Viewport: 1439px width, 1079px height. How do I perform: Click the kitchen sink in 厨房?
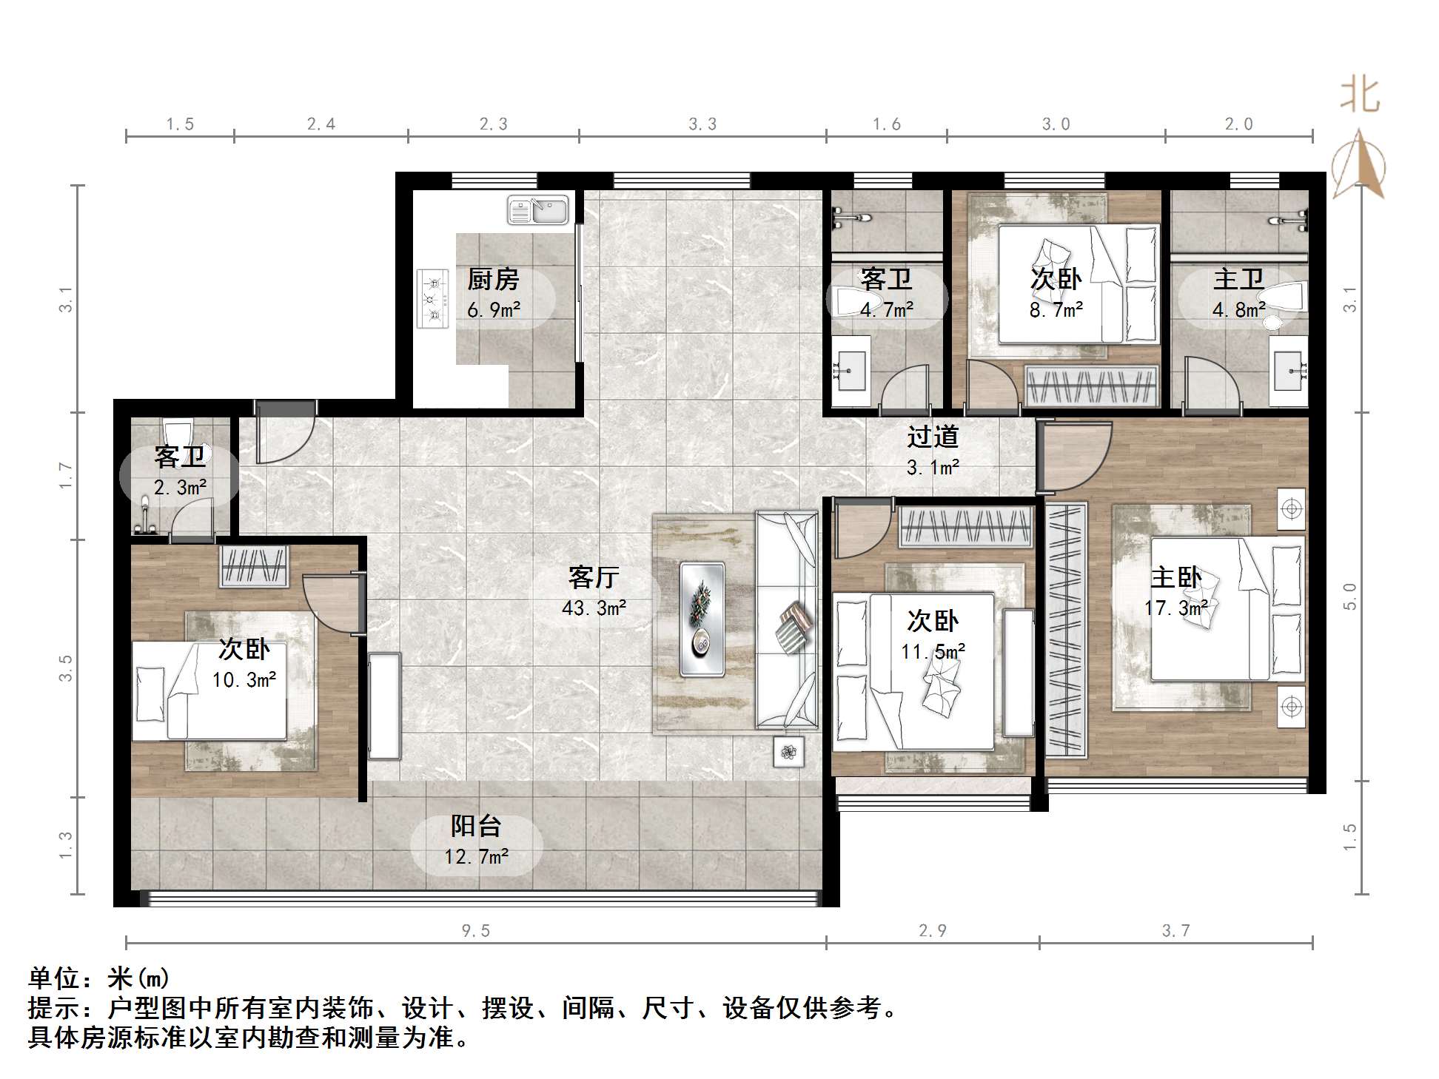pos(538,210)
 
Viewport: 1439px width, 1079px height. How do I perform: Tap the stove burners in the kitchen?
pos(433,298)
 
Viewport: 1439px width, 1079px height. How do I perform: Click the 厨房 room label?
pos(493,280)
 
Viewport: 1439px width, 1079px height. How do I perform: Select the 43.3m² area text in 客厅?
pos(594,608)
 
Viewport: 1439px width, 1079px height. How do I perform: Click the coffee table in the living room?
pos(702,619)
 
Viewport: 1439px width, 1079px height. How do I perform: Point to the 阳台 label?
pos(477,826)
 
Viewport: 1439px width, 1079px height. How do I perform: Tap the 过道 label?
pos(933,437)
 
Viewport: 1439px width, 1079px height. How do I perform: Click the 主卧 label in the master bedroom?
pos(1175,577)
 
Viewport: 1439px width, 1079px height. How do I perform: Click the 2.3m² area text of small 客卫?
pos(180,487)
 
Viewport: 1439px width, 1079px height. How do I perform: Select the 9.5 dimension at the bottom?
pos(476,931)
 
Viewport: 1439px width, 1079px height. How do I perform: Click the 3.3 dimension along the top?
pos(702,124)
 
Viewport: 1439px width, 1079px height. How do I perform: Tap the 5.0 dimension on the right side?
pos(1350,596)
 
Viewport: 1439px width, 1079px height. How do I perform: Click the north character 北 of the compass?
pos(1360,96)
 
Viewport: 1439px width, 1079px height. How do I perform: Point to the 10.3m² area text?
pos(244,679)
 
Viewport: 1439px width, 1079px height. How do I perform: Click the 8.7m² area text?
pos(1056,310)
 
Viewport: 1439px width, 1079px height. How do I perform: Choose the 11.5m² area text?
pos(933,652)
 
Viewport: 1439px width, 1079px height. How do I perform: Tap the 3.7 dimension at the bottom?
pos(1175,931)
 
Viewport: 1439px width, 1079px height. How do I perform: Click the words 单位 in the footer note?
pos(55,978)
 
